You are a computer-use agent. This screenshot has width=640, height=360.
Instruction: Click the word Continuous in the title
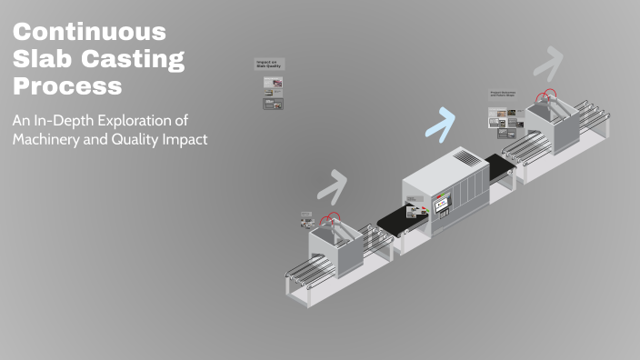click(x=90, y=32)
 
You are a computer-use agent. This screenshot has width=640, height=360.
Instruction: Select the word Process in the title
click(x=67, y=87)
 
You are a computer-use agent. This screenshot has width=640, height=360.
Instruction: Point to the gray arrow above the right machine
click(x=548, y=64)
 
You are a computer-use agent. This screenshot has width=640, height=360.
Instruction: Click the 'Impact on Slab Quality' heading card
click(x=267, y=65)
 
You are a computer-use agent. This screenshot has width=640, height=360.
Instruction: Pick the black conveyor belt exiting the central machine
click(x=499, y=167)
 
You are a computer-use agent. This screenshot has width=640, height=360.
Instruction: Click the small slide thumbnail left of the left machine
click(x=307, y=219)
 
